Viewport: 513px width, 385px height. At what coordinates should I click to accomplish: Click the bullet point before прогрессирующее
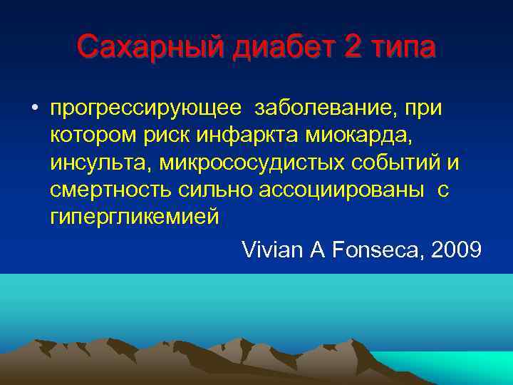pos(34,109)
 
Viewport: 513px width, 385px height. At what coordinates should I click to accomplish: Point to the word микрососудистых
pos(253,163)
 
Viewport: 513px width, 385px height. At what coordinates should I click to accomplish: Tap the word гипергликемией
pos(135,217)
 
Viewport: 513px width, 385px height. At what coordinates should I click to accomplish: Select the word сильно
pos(211,190)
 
